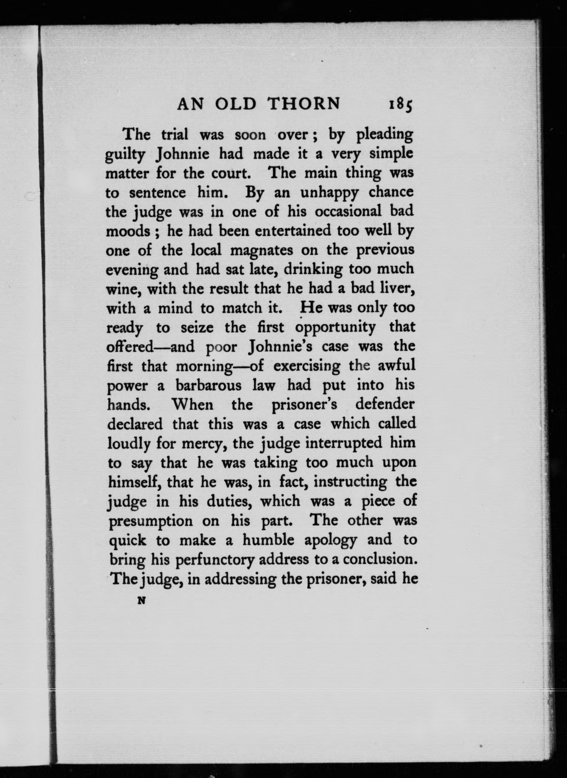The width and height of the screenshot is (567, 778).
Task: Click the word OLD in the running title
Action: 236,104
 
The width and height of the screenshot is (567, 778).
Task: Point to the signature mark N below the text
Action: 140,600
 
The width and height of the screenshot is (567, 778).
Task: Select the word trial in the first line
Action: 175,134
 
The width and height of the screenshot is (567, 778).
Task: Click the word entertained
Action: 293,231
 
